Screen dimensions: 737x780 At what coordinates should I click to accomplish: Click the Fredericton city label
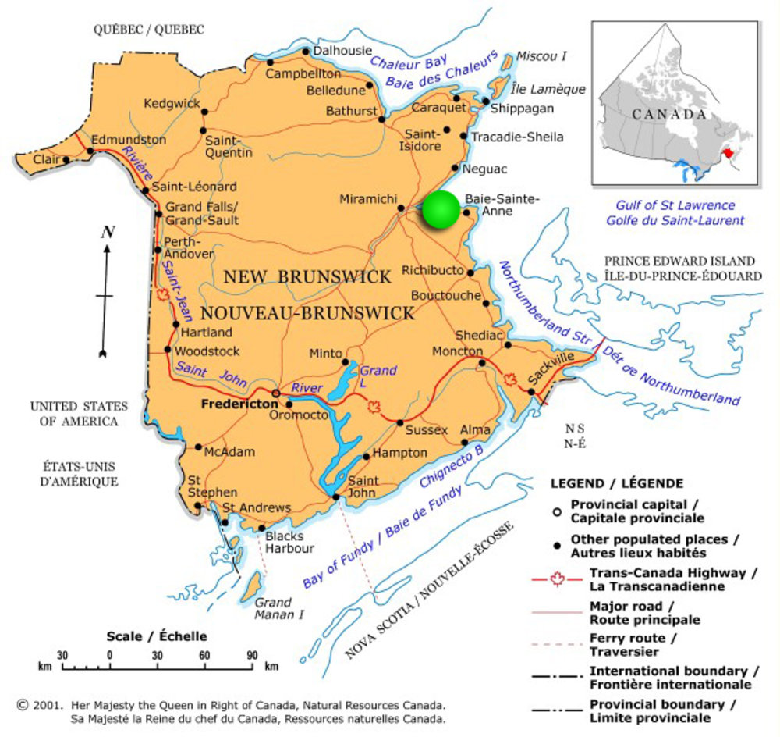tap(239, 404)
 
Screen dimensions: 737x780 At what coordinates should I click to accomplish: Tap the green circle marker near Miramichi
tap(442, 210)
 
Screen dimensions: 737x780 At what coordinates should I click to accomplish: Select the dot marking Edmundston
tap(87, 148)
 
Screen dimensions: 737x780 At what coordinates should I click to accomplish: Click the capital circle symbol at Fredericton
tap(275, 393)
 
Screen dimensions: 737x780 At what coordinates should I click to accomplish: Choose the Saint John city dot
tap(336, 497)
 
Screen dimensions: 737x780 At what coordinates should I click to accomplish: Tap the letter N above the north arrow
tap(108, 232)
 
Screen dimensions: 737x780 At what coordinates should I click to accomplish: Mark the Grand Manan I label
tap(275, 608)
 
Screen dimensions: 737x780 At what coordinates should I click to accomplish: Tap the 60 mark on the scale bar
tap(204, 655)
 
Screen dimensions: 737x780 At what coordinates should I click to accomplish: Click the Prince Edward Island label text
tap(679, 261)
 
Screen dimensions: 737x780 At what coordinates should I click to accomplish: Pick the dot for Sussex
tap(400, 422)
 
